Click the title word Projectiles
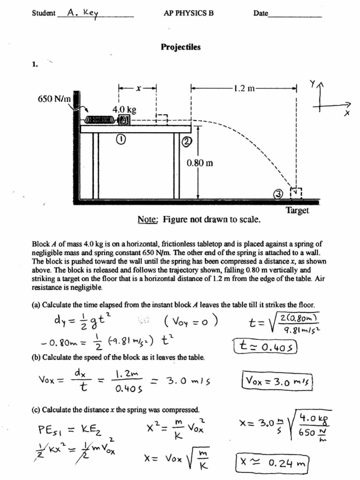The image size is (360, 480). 180,47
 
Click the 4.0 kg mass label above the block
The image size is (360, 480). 124,110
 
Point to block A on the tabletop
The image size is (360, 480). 124,120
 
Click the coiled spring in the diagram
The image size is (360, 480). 100,120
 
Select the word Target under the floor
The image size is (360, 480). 297,210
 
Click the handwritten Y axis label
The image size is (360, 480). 312,83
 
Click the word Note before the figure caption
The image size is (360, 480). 148,219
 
